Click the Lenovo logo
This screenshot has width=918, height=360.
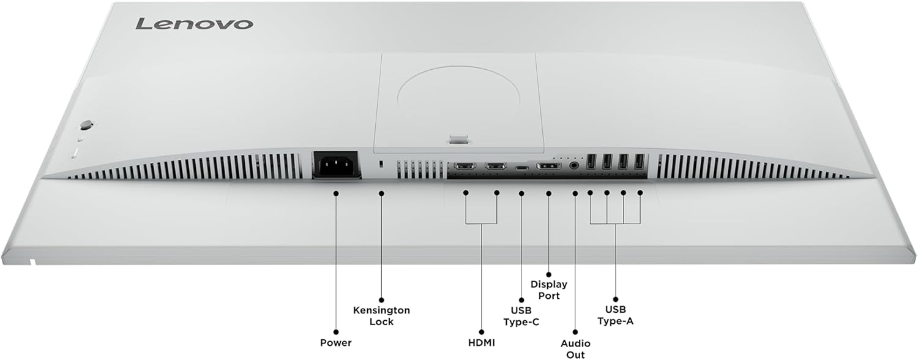click(193, 23)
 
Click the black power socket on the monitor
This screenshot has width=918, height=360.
click(335, 164)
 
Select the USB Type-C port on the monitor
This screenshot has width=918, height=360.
click(521, 167)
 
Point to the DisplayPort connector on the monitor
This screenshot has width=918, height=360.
click(548, 166)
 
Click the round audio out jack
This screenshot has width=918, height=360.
click(575, 164)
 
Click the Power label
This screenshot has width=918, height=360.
click(336, 342)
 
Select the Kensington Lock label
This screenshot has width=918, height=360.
click(381, 316)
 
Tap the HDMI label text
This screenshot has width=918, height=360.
click(481, 342)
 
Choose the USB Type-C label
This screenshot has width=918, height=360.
click(521, 316)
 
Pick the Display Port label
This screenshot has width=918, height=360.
click(549, 290)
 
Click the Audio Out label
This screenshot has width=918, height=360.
click(576, 349)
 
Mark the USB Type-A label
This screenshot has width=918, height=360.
click(615, 316)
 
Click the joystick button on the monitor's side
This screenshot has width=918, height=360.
click(85, 124)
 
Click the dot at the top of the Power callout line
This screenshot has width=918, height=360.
click(336, 193)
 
